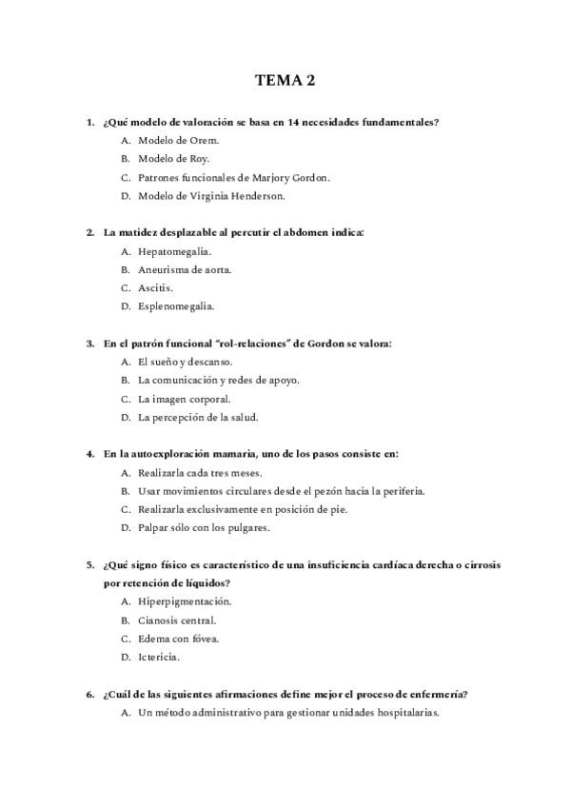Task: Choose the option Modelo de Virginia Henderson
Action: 211,196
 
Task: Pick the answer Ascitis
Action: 156,287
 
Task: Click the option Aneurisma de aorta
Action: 184,269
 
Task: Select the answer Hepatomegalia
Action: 174,251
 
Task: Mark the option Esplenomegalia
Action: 176,306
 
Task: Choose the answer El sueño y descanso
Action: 185,362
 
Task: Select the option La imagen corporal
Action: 184,399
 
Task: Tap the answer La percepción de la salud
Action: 198,417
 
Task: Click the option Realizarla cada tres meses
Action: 199,472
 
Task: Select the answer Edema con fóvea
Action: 178,639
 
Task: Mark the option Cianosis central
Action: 177,620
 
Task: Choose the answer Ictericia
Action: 159,657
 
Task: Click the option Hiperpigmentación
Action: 185,601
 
